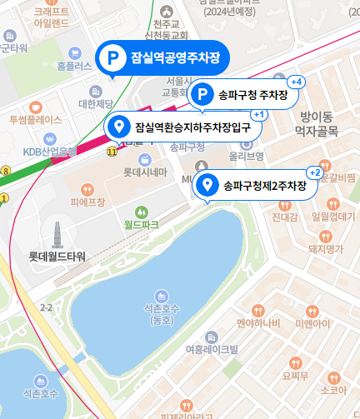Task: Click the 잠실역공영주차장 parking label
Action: pos(162,57)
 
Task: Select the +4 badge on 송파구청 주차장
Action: pos(296,82)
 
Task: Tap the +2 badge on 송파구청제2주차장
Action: pos(315,172)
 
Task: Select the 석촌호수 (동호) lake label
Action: pos(162,314)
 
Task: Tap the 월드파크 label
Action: pos(141,224)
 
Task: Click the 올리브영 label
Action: pos(246,156)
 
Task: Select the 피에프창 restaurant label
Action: pos(87,202)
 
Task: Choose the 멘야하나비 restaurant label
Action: pos(257,322)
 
